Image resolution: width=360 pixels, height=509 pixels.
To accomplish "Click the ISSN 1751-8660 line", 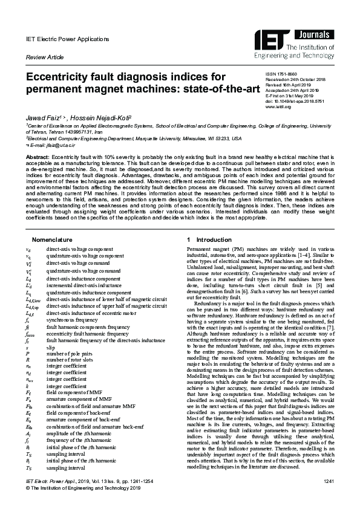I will coord(283,73).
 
